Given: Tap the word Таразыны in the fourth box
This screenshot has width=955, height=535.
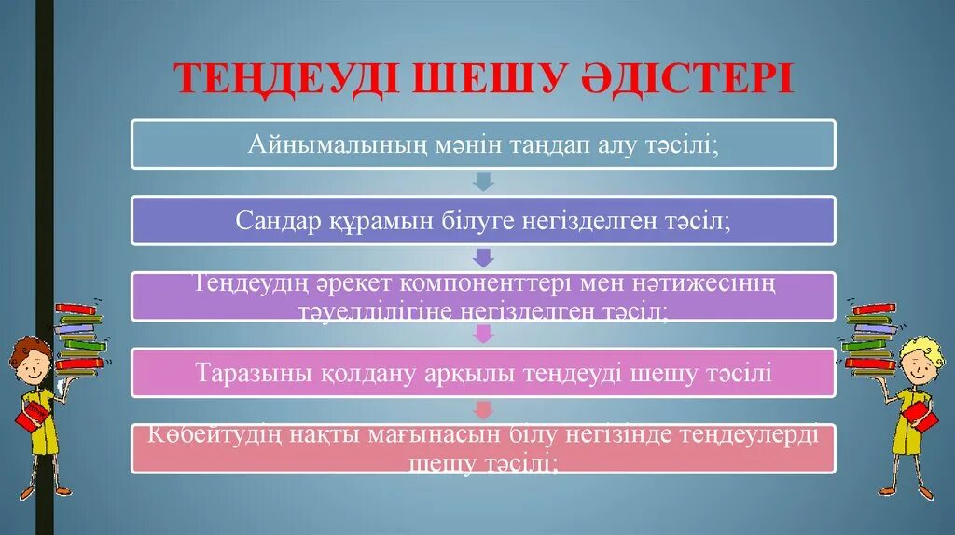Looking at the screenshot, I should tap(248, 373).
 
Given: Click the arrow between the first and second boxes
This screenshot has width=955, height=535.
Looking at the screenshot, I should tap(483, 181).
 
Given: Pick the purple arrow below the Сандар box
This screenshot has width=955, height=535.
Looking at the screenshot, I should tap(483, 257).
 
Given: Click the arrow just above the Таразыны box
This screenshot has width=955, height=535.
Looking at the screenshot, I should tap(483, 333).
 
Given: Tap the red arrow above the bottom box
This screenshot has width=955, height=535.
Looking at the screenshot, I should tap(483, 408).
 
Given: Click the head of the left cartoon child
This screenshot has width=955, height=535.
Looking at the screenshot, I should tap(30, 362).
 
